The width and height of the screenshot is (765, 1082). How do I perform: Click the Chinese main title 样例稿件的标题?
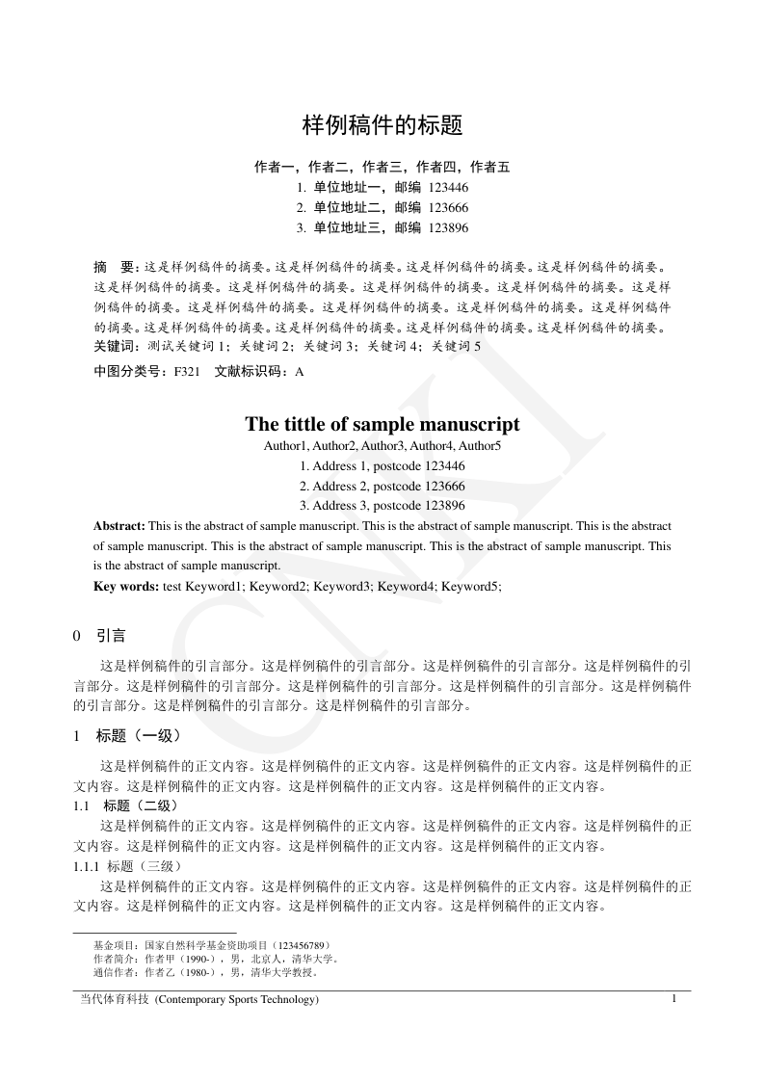pos(382,125)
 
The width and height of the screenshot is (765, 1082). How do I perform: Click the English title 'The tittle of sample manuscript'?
pos(382,425)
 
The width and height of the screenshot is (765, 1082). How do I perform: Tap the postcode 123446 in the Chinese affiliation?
pos(448,187)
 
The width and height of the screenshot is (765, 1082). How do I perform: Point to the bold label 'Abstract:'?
pos(119,526)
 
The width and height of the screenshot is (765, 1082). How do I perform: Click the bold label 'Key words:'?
pos(126,585)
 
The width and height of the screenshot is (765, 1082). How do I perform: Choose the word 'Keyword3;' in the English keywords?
pos(343,585)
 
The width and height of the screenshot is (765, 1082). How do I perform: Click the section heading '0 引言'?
pos(99,637)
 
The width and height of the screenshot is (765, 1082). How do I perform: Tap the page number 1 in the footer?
pos(674,998)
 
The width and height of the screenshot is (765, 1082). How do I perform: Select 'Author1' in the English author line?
pos(285,446)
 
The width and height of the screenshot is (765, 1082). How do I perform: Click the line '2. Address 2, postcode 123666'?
pos(382,486)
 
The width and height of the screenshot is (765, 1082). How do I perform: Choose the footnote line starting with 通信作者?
pos(205,972)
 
